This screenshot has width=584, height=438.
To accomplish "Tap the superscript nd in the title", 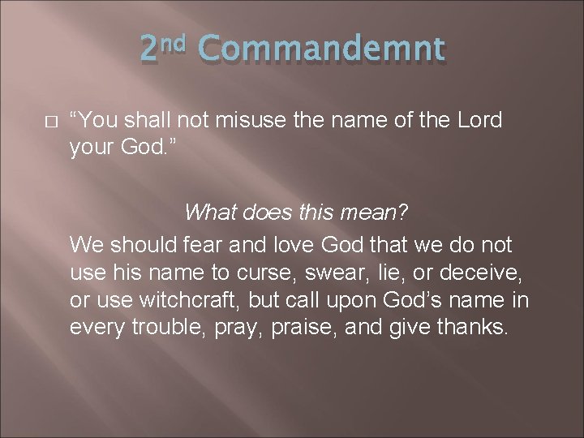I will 174,41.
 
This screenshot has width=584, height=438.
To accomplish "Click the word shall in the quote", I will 159,120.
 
